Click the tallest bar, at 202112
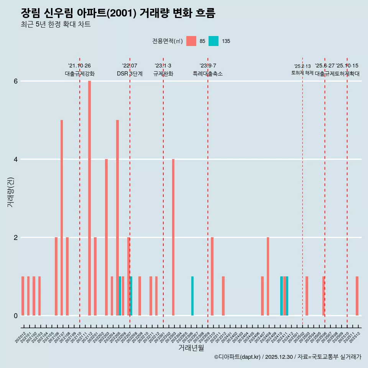(89, 198)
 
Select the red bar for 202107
(62, 218)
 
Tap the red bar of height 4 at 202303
(173, 237)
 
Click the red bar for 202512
(357, 296)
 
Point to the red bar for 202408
(268, 276)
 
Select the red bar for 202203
(106, 237)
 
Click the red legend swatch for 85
(191, 41)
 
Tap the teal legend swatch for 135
(214, 41)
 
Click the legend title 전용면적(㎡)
(168, 41)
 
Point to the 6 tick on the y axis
(16, 81)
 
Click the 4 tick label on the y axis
(16, 159)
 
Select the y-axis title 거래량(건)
(10, 192)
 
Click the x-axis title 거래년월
(191, 348)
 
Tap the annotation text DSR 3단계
(130, 74)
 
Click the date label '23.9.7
(208, 66)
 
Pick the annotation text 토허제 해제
(302, 73)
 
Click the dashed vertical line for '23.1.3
(163, 192)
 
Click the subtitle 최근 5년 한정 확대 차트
(56, 25)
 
